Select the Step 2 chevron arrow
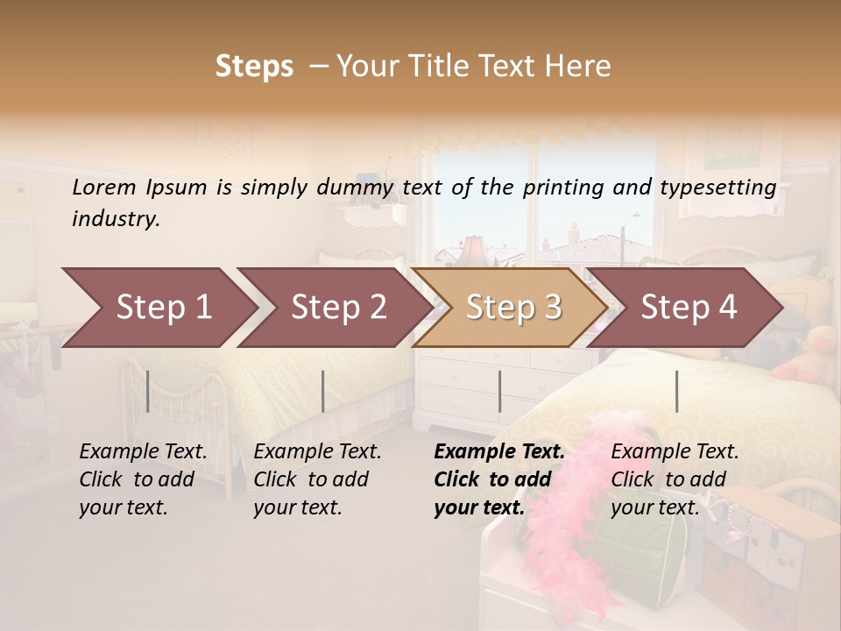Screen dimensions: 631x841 [338, 308]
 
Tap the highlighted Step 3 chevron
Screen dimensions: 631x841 [513, 308]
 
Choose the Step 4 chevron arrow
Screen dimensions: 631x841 [689, 308]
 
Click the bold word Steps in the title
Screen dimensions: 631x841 [254, 66]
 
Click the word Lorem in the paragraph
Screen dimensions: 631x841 [103, 188]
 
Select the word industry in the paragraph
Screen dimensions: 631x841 [116, 219]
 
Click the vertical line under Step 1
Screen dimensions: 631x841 [148, 391]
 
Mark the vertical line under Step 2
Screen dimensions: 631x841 [323, 391]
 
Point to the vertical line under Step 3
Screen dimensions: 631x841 [499, 391]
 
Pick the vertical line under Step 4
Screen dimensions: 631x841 [676, 391]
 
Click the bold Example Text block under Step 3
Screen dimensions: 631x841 [499, 479]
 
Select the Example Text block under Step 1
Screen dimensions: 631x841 [143, 479]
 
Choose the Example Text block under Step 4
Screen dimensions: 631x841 [675, 479]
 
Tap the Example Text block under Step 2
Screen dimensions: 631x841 [317, 479]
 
